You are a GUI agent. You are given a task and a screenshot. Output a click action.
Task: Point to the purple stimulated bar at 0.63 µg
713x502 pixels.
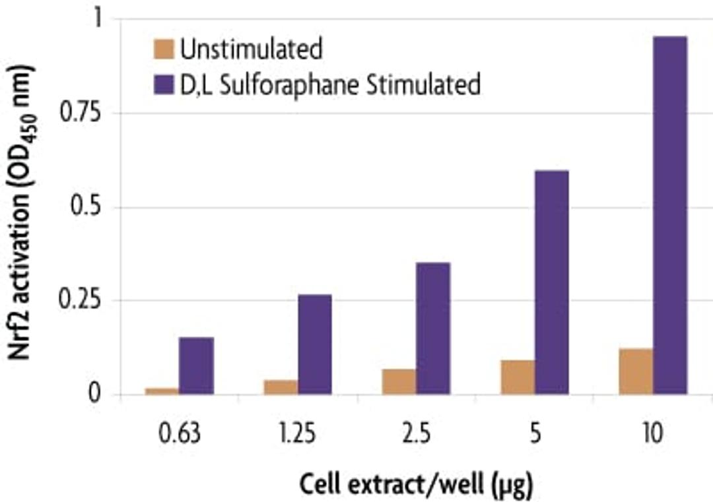[196, 366]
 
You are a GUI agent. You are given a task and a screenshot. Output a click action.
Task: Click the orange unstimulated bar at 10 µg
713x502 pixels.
[636, 371]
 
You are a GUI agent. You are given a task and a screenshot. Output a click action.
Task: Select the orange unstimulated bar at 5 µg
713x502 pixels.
[518, 377]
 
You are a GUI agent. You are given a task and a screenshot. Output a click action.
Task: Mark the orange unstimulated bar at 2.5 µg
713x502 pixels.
[399, 382]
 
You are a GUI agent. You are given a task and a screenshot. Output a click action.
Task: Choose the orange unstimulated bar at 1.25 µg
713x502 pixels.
[281, 387]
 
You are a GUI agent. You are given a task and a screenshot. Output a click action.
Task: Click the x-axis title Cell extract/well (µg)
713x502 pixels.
[416, 486]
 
